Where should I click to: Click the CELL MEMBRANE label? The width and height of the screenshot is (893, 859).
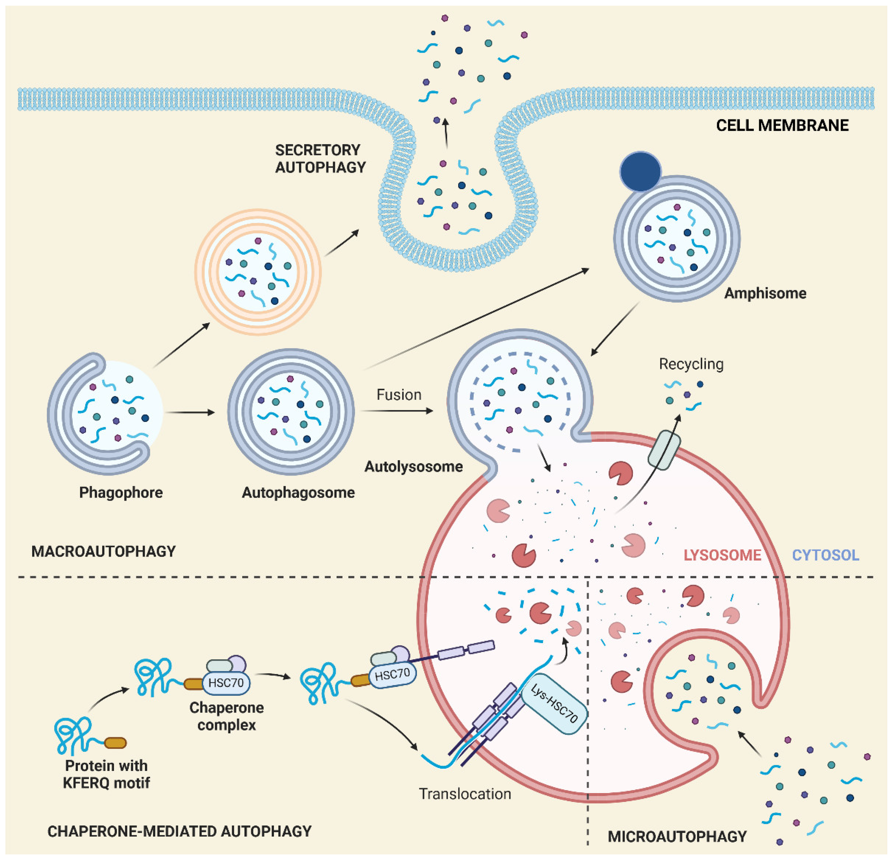782,125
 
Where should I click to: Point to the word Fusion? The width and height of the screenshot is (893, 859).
399,395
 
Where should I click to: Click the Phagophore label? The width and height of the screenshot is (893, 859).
121,492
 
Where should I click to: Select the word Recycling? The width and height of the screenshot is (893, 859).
691,364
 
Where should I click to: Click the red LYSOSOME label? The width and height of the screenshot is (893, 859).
722,555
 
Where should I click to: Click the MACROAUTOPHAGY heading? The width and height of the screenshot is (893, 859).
104,552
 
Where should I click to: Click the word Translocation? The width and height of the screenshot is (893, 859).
465,794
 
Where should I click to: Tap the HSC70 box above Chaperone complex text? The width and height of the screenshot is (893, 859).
226,682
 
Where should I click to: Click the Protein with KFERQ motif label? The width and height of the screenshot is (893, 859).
106,774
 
